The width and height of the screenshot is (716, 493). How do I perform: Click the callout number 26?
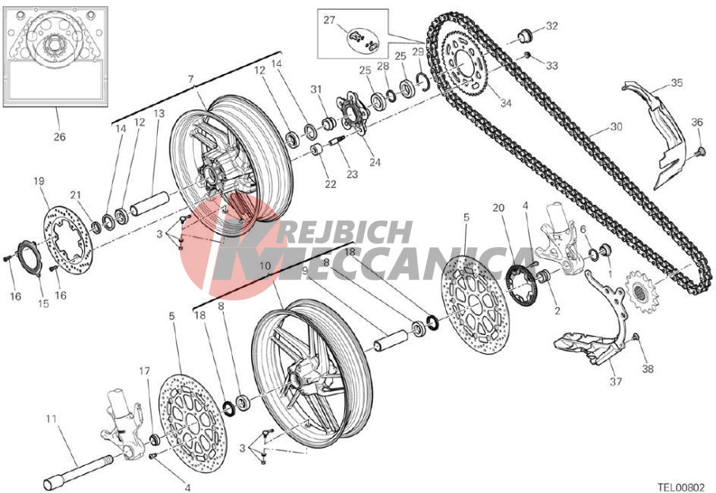[x=59, y=137]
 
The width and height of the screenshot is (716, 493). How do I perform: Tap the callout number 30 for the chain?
[x=616, y=127]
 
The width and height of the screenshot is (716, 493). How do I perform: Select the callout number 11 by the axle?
[x=51, y=418]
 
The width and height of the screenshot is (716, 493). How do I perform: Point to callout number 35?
[x=677, y=83]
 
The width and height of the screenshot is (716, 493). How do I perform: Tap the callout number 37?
[x=615, y=382]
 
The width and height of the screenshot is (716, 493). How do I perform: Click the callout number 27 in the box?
[x=328, y=20]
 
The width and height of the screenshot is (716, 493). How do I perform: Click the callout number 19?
[x=39, y=181]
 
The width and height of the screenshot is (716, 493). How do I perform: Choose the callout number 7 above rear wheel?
[x=191, y=79]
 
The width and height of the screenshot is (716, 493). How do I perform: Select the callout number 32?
[x=551, y=26]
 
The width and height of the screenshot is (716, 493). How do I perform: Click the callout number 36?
[x=697, y=122]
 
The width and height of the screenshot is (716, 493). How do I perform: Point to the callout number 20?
[x=498, y=209]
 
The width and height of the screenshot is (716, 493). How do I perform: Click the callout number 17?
[x=144, y=371]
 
